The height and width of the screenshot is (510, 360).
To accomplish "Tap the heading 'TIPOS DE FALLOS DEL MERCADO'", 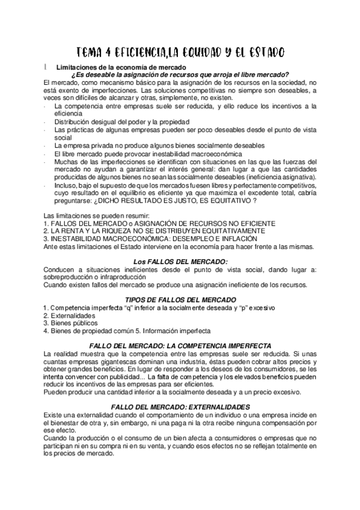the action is (x=180, y=299).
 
